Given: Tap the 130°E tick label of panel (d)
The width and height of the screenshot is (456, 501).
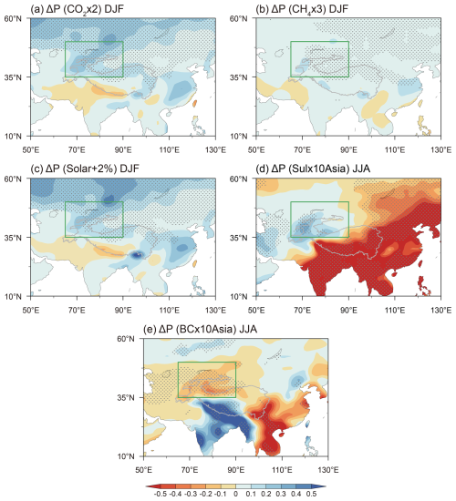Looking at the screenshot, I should click(x=441, y=309).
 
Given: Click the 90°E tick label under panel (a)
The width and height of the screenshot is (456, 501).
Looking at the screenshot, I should click(x=122, y=148).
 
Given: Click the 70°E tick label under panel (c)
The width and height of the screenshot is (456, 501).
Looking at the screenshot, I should click(x=76, y=309).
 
